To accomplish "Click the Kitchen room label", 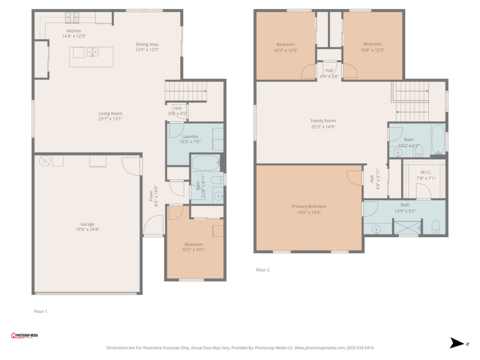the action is tap(74, 31).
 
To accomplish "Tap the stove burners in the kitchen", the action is tap(72, 18).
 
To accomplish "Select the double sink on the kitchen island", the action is tap(93, 52).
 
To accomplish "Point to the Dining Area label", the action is tap(147, 44).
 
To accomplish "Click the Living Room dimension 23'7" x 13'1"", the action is tap(110, 119).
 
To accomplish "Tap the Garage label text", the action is tap(87, 224).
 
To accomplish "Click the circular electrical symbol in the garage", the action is tap(45, 161).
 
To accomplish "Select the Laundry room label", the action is tap(190, 136).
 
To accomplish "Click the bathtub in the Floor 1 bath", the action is tap(206, 163).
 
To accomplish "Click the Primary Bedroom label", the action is tap(309, 206).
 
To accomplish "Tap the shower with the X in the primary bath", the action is tap(407, 228).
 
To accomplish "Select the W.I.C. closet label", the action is tap(426, 172).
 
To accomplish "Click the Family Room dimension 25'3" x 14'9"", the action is tap(323, 127).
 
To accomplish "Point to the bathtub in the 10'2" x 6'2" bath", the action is tap(438, 139).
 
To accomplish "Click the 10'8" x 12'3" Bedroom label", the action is tap(372, 44).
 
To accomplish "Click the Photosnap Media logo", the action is tap(24, 335).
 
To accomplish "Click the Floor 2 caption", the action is tap(262, 270).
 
